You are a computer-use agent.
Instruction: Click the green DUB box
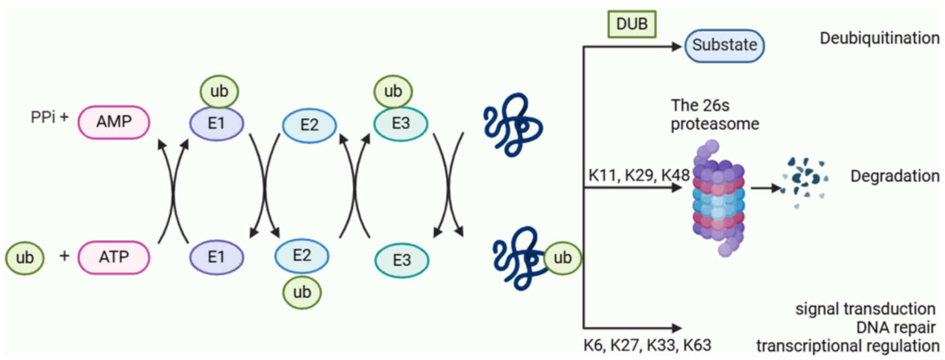[631, 24]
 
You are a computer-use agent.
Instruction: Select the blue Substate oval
[724, 46]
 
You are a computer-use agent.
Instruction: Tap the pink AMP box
[114, 122]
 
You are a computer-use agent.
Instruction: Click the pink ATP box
[114, 257]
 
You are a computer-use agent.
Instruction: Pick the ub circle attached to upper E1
[219, 91]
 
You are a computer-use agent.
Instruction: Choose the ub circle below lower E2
[302, 292]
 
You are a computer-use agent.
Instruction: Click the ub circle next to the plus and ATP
[25, 258]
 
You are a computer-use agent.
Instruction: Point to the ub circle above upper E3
[393, 91]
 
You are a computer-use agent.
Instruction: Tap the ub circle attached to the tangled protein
[562, 258]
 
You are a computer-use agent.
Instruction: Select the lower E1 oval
[216, 257]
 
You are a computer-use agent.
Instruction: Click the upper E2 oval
[309, 125]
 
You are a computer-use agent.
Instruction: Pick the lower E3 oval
[402, 260]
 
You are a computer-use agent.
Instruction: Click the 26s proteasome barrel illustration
[718, 198]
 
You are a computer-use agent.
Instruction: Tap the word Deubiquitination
[879, 38]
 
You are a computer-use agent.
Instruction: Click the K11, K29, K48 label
[638, 175]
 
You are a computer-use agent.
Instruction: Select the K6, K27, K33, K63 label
[647, 345]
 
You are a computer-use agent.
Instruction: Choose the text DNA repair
[895, 327]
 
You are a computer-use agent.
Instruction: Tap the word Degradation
[894, 176]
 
